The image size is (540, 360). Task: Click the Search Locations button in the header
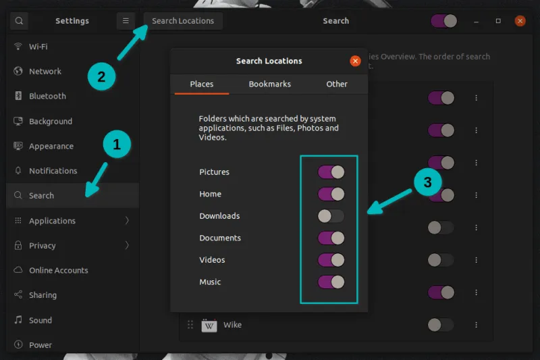pyautogui.click(x=183, y=21)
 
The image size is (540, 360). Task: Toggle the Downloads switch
pyautogui.click(x=331, y=216)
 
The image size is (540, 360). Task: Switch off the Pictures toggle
pyautogui.click(x=331, y=172)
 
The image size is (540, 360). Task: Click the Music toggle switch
pyautogui.click(x=331, y=282)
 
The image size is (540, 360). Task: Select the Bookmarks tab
pyautogui.click(x=269, y=84)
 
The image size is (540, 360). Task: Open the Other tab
pyautogui.click(x=337, y=84)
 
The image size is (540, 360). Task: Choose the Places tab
pyautogui.click(x=201, y=84)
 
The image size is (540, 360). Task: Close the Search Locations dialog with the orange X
pyautogui.click(x=355, y=61)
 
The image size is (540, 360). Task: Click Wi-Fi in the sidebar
pyautogui.click(x=38, y=47)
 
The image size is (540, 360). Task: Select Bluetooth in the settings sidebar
pyautogui.click(x=47, y=96)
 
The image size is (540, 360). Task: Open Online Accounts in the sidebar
pyautogui.click(x=58, y=270)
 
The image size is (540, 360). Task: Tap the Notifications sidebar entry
pyautogui.click(x=53, y=171)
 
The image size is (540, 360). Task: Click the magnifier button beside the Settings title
pyautogui.click(x=19, y=21)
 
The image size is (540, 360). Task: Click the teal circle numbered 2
pyautogui.click(x=101, y=76)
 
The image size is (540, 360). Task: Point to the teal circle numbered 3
pyautogui.click(x=427, y=182)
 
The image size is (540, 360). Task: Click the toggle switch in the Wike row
pyautogui.click(x=441, y=325)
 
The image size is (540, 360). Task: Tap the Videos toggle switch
pyautogui.click(x=331, y=260)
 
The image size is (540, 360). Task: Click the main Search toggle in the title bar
pyautogui.click(x=443, y=21)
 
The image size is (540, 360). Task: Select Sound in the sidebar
pyautogui.click(x=40, y=320)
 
